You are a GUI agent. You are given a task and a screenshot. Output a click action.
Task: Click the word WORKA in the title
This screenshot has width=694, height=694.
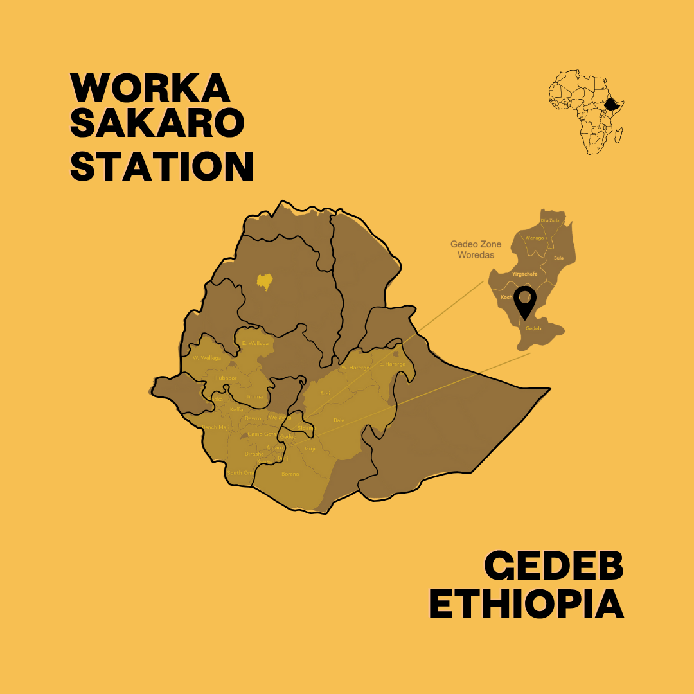(x=150, y=88)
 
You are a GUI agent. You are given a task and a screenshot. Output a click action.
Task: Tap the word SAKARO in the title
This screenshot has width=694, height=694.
(x=157, y=123)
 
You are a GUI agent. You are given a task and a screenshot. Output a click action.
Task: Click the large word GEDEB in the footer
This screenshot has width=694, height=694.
(x=554, y=565)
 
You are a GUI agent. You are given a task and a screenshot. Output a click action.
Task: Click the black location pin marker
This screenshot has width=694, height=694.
(x=526, y=302)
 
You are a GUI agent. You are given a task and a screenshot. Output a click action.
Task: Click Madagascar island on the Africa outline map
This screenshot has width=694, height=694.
(x=618, y=135)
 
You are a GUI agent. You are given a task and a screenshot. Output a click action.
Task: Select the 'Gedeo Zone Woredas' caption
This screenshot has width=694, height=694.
(x=476, y=250)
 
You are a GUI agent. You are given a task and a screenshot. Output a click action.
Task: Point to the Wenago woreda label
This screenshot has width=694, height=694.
(x=534, y=238)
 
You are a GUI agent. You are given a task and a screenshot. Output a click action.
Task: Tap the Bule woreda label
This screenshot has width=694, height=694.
(x=558, y=258)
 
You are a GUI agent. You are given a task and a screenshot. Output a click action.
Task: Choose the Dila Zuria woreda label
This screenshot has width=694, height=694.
(x=550, y=220)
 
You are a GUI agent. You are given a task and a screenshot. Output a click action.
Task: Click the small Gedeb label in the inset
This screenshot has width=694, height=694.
(x=533, y=328)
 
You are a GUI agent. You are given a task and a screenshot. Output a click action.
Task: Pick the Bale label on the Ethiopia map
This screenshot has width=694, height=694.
(x=339, y=420)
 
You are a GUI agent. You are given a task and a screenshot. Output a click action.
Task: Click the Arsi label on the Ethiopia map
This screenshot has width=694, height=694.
(x=325, y=393)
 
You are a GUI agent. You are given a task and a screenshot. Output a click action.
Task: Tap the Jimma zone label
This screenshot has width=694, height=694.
(x=254, y=397)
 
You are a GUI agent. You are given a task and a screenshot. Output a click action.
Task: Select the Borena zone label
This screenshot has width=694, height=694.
(x=290, y=474)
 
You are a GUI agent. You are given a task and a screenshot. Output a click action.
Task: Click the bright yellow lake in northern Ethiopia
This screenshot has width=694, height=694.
(x=263, y=281)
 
